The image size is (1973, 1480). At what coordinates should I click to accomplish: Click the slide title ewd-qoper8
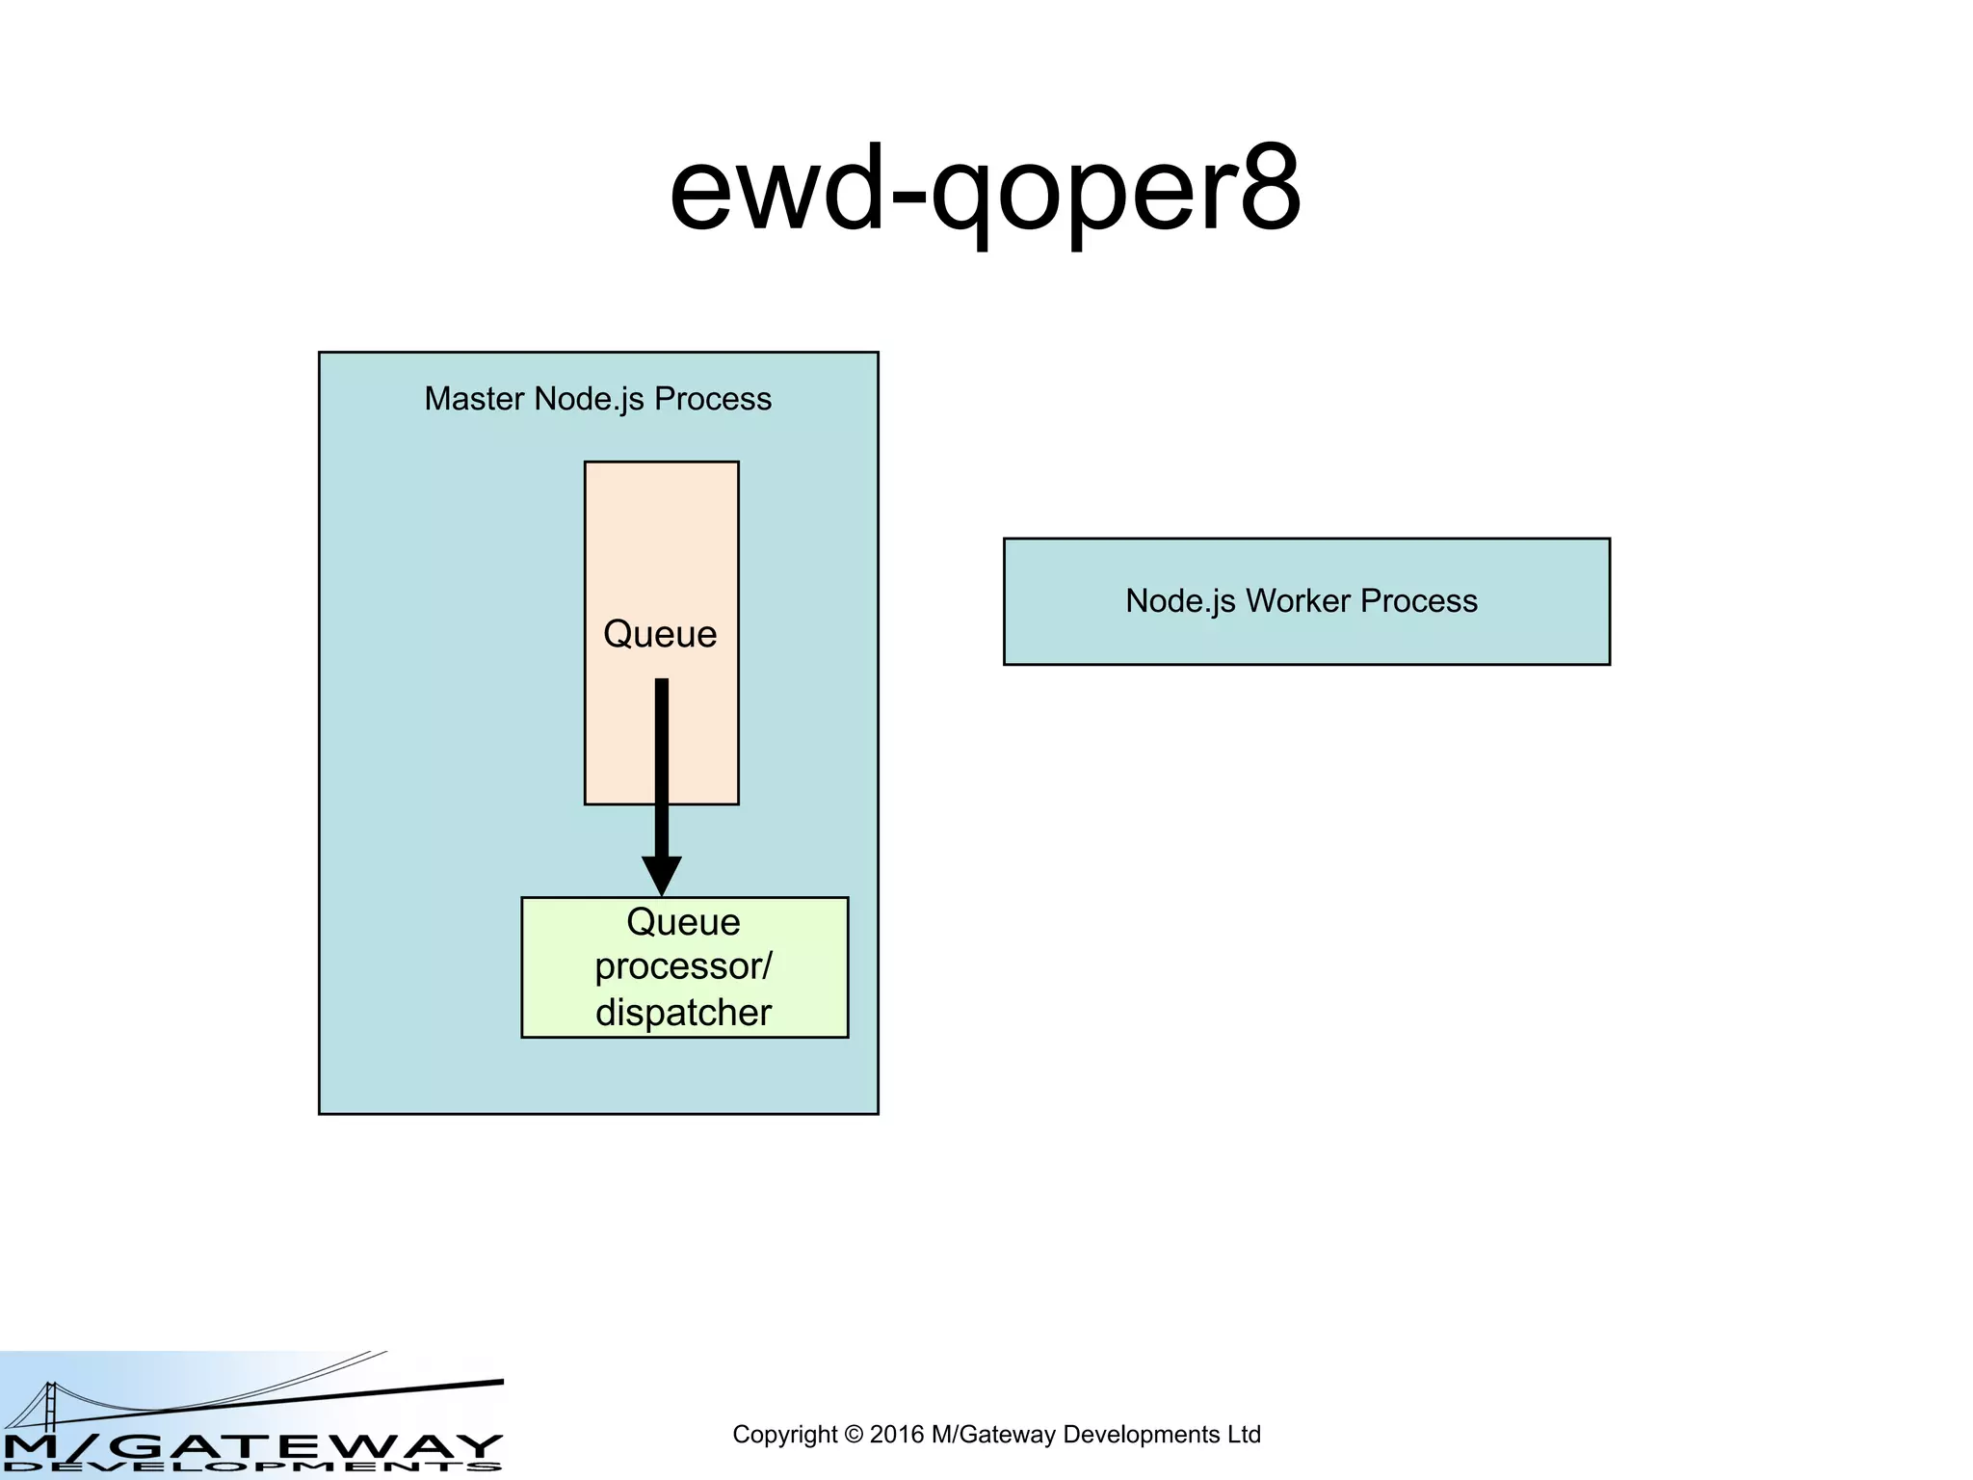pyautogui.click(x=985, y=190)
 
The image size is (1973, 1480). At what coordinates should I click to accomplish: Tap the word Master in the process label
pyautogui.click(x=474, y=399)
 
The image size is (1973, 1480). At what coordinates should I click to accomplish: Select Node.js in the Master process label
pyautogui.click(x=589, y=399)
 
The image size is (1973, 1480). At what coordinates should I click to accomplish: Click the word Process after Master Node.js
pyautogui.click(x=713, y=399)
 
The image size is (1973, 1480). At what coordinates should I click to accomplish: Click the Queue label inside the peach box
pyautogui.click(x=660, y=634)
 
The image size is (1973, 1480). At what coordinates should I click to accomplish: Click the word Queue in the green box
pyautogui.click(x=683, y=922)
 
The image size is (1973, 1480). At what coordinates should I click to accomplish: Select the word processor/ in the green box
pyautogui.click(x=683, y=966)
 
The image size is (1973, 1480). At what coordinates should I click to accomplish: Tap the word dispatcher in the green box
pyautogui.click(x=683, y=1013)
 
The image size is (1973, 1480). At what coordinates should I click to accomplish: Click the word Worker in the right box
pyautogui.click(x=1298, y=601)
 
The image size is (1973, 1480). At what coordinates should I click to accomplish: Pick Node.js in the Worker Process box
pyautogui.click(x=1180, y=601)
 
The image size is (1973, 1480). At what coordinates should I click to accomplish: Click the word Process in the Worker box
pyautogui.click(x=1418, y=601)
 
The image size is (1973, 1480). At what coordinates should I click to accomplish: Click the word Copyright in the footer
pyautogui.click(x=784, y=1435)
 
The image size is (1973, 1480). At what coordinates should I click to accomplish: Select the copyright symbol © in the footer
pyautogui.click(x=853, y=1435)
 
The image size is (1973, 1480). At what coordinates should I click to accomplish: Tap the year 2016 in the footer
pyautogui.click(x=896, y=1435)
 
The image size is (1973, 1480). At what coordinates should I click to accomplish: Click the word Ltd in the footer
pyautogui.click(x=1244, y=1435)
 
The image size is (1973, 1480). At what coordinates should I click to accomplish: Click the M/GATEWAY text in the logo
pyautogui.click(x=252, y=1445)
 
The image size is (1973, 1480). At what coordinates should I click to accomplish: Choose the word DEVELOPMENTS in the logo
pyautogui.click(x=252, y=1467)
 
